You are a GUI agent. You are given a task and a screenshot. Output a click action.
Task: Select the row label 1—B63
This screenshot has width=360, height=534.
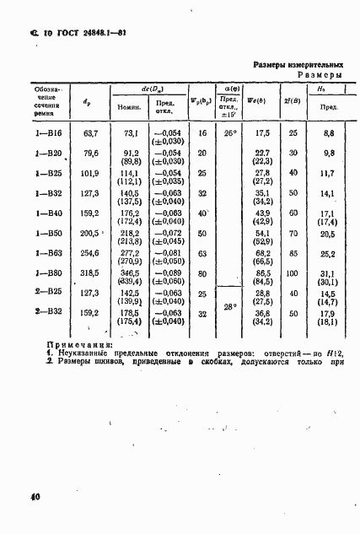pos(49,251)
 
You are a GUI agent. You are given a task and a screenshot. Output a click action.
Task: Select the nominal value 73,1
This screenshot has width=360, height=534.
pos(131,133)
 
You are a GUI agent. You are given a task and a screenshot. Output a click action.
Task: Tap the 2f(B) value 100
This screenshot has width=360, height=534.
pos(293,273)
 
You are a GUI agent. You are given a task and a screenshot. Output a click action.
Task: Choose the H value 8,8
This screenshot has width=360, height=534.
pos(329,133)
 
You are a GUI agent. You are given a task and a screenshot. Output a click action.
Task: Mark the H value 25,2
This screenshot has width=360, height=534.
pos(329,252)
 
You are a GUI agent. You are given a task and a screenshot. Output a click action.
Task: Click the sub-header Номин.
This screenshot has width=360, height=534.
pos(129,107)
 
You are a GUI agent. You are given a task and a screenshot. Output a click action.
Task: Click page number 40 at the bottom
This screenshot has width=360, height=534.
pos(35,498)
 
